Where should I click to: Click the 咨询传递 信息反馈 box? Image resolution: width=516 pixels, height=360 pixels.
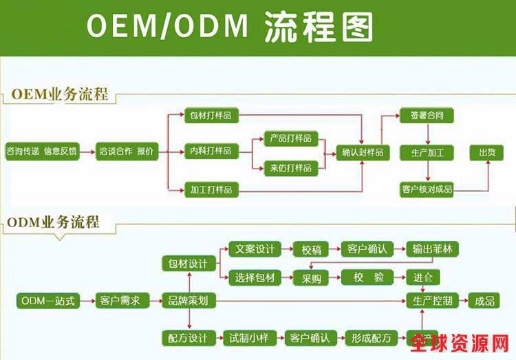41,151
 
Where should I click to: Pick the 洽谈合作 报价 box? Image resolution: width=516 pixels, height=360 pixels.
127,151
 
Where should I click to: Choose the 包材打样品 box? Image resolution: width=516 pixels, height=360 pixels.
211,116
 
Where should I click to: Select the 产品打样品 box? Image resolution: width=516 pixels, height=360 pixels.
290,138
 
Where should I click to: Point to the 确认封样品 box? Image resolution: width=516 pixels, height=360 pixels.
363,152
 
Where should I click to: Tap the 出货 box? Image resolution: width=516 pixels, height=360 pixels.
482,152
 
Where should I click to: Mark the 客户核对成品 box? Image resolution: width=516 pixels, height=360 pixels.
427,188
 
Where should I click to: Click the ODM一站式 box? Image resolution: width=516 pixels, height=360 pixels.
47,301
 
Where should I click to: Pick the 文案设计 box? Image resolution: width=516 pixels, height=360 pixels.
254,248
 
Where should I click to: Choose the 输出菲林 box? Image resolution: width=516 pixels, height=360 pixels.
431,248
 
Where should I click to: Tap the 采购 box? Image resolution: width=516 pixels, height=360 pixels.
311,278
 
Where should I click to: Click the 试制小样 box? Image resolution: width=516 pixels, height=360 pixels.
249,338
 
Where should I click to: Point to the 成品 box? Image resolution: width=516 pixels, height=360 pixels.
481,301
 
